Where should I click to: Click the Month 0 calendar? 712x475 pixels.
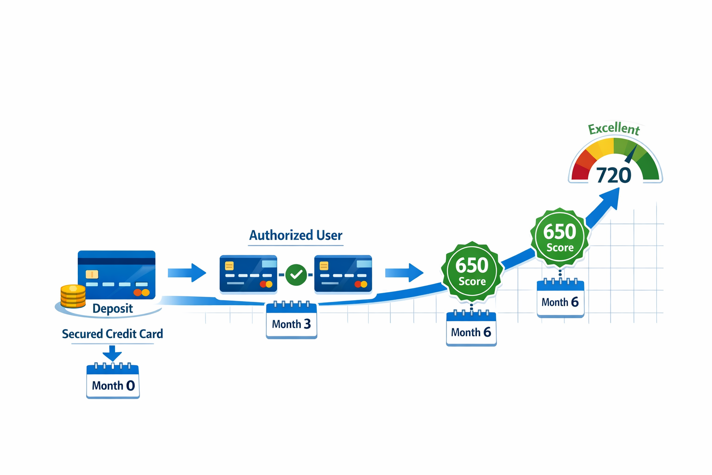pos(113,381)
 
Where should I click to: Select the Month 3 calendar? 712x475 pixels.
pos(291,321)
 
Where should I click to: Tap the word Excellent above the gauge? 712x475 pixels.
pos(614,128)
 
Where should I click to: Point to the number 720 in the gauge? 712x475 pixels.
pos(613,175)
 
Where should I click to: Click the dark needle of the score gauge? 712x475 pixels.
pos(631,154)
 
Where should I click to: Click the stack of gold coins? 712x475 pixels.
pos(73,296)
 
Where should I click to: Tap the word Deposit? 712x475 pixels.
pos(113,308)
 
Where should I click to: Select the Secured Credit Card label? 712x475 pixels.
pos(112,334)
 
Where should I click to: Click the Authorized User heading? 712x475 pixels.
pos(296,235)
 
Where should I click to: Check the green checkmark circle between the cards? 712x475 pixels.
pos(296,275)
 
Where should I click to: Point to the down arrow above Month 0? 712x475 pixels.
pos(112,353)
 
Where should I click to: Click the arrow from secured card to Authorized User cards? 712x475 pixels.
pos(187,272)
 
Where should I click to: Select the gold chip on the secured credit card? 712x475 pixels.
pos(92,274)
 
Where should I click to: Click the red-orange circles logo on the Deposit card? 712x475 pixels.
pos(141,292)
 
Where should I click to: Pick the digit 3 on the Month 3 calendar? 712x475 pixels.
pos(307,324)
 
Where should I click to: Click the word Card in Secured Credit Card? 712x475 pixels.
pos(152,334)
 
